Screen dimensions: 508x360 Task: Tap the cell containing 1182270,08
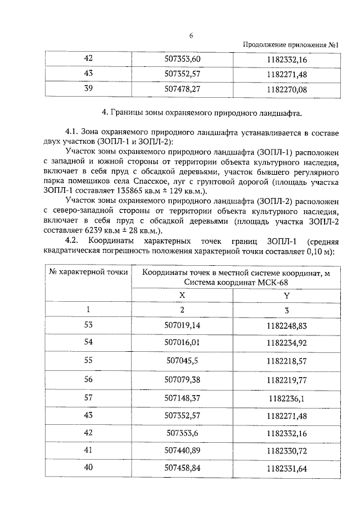[287, 88]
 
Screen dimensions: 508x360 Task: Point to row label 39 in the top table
[88, 88]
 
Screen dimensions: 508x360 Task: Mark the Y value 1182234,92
[287, 342]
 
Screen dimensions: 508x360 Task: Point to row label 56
[88, 379]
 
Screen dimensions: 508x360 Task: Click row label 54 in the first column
[88, 342]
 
